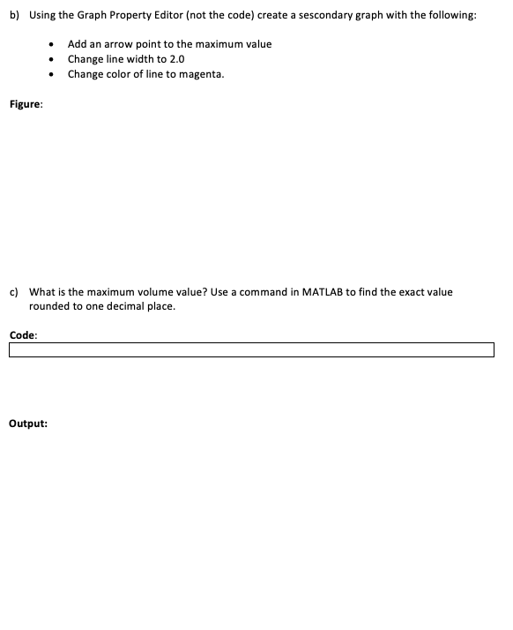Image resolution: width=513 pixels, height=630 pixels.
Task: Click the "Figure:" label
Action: tap(25, 104)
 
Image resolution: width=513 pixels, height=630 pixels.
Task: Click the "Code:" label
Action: tap(23, 334)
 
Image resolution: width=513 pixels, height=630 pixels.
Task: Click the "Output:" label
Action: tap(28, 424)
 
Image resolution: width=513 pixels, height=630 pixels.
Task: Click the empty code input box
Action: tap(251, 350)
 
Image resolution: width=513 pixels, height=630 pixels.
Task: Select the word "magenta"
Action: tap(202, 74)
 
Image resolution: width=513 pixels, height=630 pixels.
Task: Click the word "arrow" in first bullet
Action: tap(116, 44)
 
